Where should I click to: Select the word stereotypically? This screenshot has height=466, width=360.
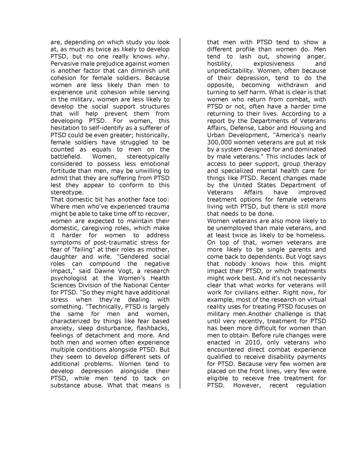(148, 156)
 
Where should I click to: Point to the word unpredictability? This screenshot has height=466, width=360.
(231, 71)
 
